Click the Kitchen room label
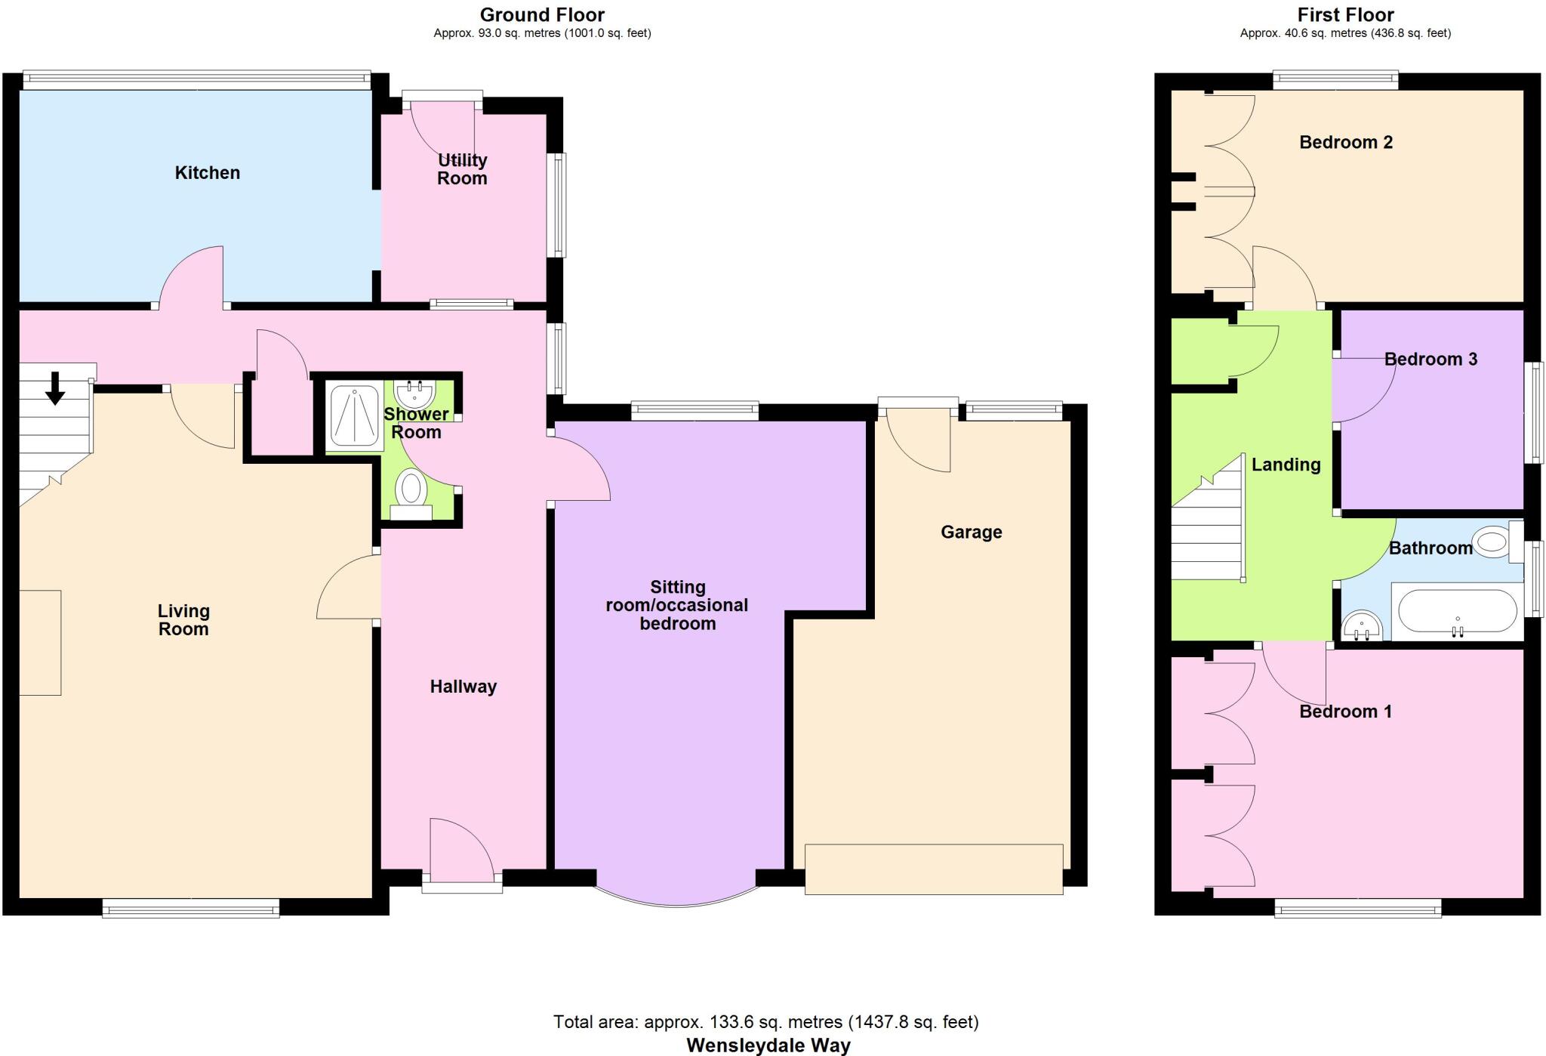click(x=208, y=173)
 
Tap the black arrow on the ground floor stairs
click(x=54, y=388)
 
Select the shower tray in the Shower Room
click(x=354, y=416)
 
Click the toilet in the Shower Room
click(x=411, y=489)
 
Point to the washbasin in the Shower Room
click(x=414, y=393)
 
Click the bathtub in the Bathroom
click(x=1457, y=610)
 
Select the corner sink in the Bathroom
click(x=1361, y=627)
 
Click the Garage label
click(x=971, y=533)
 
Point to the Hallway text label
click(x=463, y=687)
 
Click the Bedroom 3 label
click(x=1431, y=360)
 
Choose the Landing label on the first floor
click(x=1286, y=465)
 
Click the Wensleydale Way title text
click(x=768, y=1045)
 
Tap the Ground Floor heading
click(x=542, y=14)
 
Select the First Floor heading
click(x=1345, y=14)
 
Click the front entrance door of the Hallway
click(x=462, y=854)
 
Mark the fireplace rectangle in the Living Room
click(x=40, y=643)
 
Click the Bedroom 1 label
click(x=1345, y=712)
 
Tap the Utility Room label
click(x=462, y=169)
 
